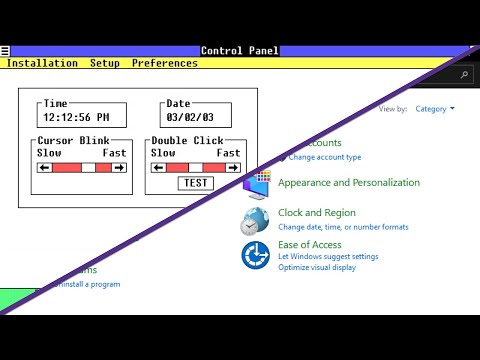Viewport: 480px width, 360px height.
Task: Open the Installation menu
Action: (42, 63)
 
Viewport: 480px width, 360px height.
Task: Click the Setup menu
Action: (104, 63)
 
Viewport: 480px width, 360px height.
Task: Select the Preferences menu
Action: (164, 63)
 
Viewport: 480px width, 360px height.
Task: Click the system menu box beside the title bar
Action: (5, 51)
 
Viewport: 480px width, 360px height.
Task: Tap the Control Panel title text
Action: (240, 51)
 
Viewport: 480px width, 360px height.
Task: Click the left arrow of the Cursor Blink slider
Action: (44, 168)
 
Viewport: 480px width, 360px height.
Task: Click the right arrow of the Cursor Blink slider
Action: (119, 168)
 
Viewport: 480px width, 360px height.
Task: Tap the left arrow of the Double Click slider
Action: (157, 168)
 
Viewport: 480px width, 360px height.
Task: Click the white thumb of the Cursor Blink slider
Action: (88, 168)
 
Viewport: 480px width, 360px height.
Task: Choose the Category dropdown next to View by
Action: (434, 109)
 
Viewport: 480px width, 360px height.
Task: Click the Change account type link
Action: (325, 158)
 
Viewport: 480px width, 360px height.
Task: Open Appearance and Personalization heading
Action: (349, 183)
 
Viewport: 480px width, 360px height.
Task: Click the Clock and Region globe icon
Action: (254, 221)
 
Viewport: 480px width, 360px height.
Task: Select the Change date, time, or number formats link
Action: (343, 227)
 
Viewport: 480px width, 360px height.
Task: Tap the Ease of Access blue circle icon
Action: (255, 255)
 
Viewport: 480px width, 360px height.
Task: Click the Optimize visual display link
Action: (317, 268)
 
